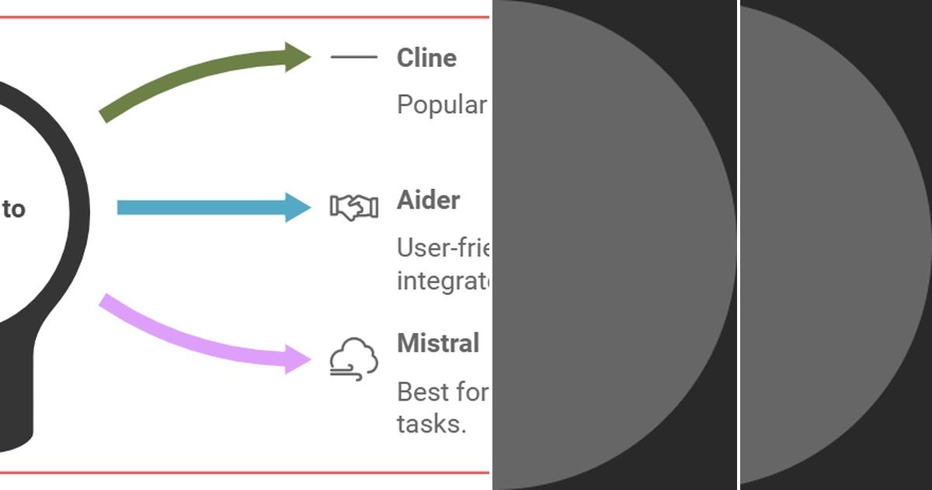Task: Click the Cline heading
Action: pyautogui.click(x=426, y=58)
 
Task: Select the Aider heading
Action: pyautogui.click(x=428, y=201)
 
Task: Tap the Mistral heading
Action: pyautogui.click(x=438, y=344)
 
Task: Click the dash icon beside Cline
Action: pyautogui.click(x=353, y=57)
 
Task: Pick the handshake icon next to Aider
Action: pyautogui.click(x=353, y=208)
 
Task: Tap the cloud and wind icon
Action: pyautogui.click(x=353, y=359)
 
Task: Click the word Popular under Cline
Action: pyautogui.click(x=441, y=105)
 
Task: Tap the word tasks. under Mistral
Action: pyautogui.click(x=431, y=425)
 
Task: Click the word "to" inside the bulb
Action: pyautogui.click(x=13, y=208)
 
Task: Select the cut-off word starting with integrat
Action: pyautogui.click(x=443, y=281)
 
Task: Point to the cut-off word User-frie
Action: pyautogui.click(x=443, y=248)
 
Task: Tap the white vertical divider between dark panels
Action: pyautogui.click(x=738, y=245)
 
